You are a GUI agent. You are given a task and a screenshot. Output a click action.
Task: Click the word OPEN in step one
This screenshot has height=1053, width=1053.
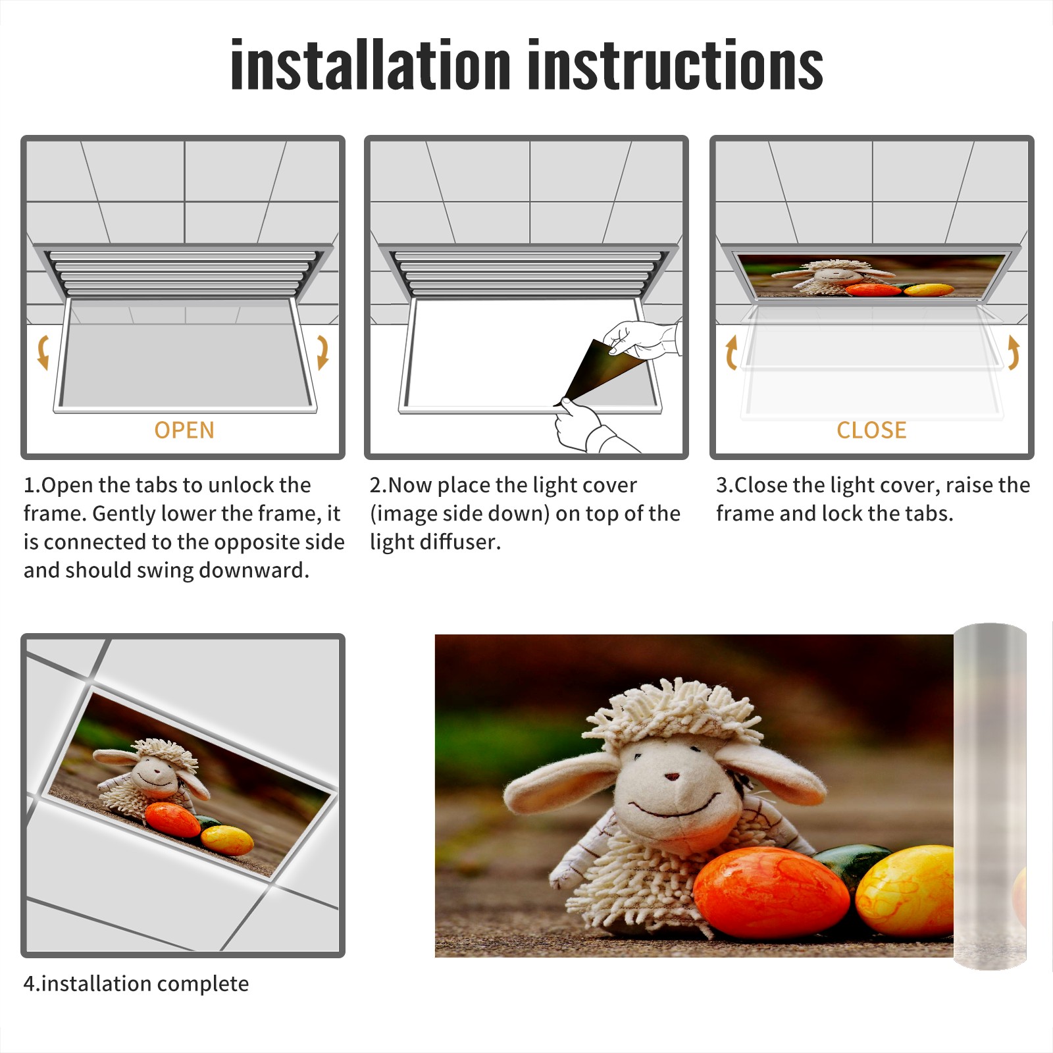pos(184,430)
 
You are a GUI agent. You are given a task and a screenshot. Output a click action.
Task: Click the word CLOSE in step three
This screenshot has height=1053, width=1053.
pos(871,430)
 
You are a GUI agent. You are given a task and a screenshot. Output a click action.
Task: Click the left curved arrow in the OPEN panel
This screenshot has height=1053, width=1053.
pos(43,352)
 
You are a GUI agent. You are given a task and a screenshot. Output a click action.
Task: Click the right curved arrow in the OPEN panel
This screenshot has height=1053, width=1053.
pos(322,352)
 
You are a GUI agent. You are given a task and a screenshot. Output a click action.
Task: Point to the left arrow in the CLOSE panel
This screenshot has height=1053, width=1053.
pos(731,352)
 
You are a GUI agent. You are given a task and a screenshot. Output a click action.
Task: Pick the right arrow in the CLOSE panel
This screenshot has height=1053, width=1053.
pos(1014,352)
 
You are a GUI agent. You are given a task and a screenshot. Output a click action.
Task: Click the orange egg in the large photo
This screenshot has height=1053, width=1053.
pos(771,894)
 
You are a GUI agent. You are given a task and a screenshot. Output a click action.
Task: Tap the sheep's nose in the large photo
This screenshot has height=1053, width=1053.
pos(672,776)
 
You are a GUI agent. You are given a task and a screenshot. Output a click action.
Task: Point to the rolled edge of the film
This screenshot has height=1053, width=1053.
pos(990,796)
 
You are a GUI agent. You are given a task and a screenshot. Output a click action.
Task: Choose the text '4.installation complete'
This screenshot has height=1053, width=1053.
pos(136,984)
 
